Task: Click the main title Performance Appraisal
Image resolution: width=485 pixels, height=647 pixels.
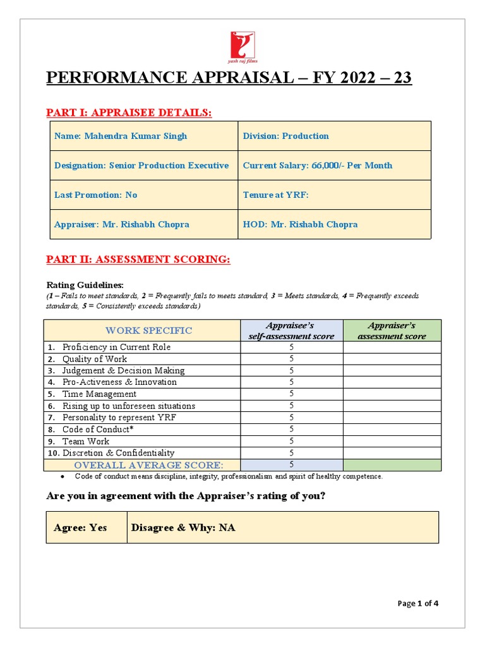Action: [x=229, y=78]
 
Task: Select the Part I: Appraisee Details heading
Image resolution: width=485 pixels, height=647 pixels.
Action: [x=129, y=112]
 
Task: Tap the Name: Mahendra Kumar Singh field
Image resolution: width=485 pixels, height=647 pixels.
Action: [x=144, y=136]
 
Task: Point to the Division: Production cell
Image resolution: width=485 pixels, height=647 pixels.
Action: [x=334, y=136]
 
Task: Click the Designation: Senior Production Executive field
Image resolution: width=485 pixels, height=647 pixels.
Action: [x=144, y=166]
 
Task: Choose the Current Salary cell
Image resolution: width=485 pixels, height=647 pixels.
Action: [x=334, y=166]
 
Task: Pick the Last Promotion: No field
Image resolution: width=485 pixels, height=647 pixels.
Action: [x=144, y=195]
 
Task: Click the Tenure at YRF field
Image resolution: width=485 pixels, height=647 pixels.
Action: [x=334, y=195]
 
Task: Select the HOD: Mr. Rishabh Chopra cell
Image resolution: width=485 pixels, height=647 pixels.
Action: [x=334, y=224]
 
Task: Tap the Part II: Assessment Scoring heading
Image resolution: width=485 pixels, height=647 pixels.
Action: [x=138, y=260]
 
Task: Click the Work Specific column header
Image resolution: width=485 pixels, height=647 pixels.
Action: [x=149, y=330]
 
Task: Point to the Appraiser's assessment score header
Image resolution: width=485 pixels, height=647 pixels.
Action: [x=392, y=330]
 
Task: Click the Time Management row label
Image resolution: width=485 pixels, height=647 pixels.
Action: [x=99, y=394]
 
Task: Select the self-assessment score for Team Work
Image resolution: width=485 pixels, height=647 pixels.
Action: [x=291, y=441]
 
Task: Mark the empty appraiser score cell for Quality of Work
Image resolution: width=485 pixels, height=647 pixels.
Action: [x=392, y=359]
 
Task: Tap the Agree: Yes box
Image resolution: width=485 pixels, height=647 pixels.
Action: [x=85, y=528]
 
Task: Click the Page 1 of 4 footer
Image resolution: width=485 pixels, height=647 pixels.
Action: [x=417, y=603]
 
